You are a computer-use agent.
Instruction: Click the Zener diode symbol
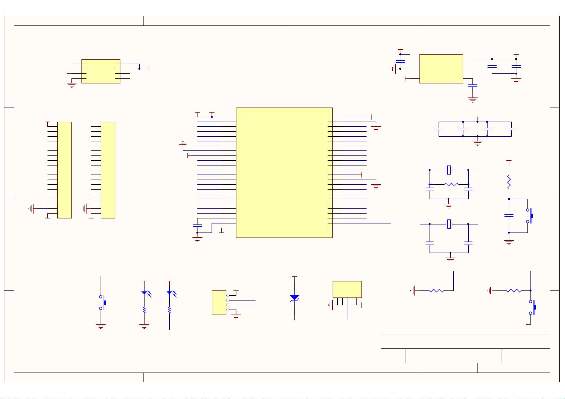coord(294,298)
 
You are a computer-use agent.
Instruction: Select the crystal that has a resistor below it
coord(449,170)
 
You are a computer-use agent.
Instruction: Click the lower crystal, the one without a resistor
coord(449,224)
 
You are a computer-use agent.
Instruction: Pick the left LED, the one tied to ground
coord(144,293)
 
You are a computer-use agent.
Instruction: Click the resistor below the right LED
coord(169,311)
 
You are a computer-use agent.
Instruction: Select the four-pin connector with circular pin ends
coord(219,303)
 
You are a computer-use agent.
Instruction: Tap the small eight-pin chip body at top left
coord(101,71)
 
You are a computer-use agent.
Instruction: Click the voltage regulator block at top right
coord(441,69)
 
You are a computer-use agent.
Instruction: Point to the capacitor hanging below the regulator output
coord(472,86)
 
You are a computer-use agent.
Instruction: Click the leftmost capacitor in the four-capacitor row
coord(439,129)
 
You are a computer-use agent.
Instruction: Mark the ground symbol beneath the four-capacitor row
coord(477,142)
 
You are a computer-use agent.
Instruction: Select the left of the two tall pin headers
coord(64,170)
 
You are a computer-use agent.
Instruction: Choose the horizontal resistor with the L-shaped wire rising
coord(436,291)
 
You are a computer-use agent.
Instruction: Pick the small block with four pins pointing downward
coord(347,289)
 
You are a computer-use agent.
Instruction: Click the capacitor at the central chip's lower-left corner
coord(197,225)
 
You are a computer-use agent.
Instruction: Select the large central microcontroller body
coord(284,173)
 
